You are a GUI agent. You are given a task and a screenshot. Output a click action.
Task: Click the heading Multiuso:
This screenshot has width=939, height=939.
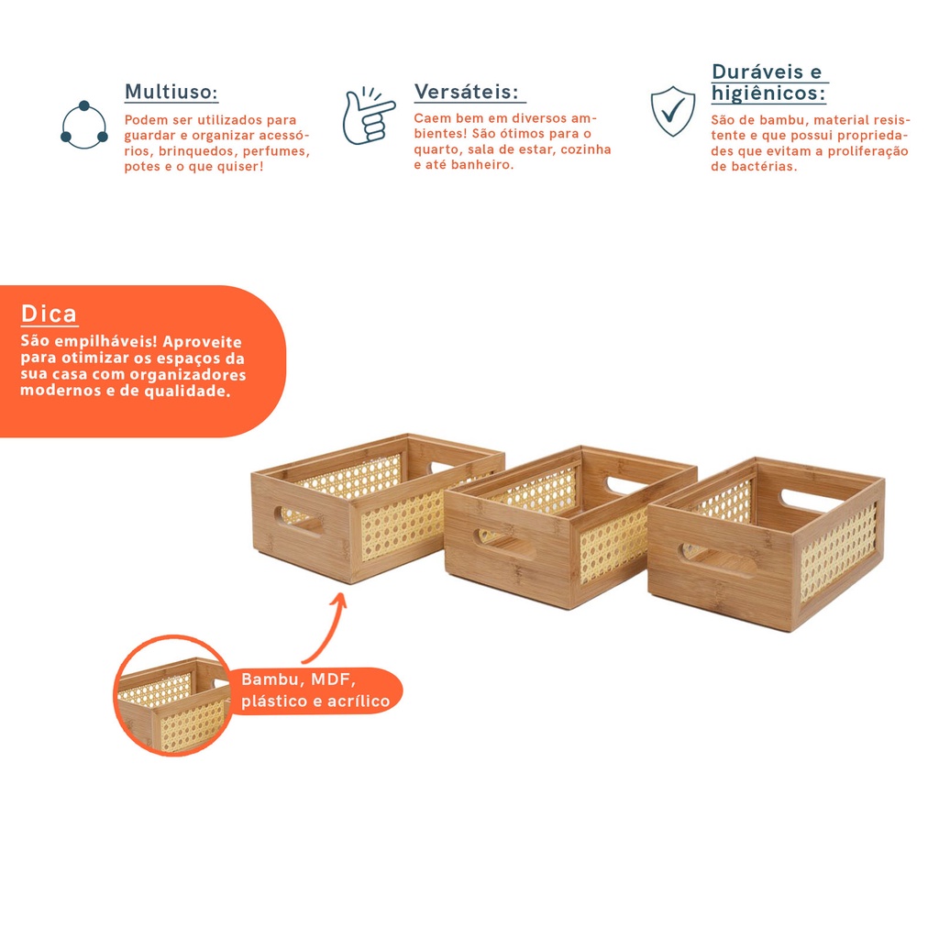pyautogui.click(x=171, y=92)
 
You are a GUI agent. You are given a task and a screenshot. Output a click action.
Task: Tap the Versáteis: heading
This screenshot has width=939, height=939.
pyautogui.click(x=466, y=92)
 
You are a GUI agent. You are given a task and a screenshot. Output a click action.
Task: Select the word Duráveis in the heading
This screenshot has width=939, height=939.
pyautogui.click(x=757, y=72)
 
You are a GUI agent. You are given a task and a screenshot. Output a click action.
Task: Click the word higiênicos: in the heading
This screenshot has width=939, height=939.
pyautogui.click(x=768, y=94)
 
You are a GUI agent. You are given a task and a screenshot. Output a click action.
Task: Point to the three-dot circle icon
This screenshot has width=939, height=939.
pyautogui.click(x=83, y=125)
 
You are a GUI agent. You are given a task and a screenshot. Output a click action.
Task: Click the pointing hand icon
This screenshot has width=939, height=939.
pyautogui.click(x=369, y=116)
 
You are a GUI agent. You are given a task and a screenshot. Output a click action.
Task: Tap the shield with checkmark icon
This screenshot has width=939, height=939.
pyautogui.click(x=672, y=111)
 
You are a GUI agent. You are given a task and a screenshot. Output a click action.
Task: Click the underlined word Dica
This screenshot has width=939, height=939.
pyautogui.click(x=50, y=314)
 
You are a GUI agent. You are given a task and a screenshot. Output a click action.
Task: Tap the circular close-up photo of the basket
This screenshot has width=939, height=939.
pyautogui.click(x=173, y=695)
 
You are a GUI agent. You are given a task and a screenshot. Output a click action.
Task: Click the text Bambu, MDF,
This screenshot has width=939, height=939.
pyautogui.click(x=298, y=679)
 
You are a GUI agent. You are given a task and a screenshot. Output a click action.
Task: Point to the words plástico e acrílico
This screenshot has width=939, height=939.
pyautogui.click(x=315, y=701)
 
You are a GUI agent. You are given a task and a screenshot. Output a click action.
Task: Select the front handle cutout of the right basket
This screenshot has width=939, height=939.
pyautogui.click(x=716, y=560)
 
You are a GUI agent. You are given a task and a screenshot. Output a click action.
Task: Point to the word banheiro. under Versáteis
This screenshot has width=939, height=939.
pyautogui.click(x=482, y=165)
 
